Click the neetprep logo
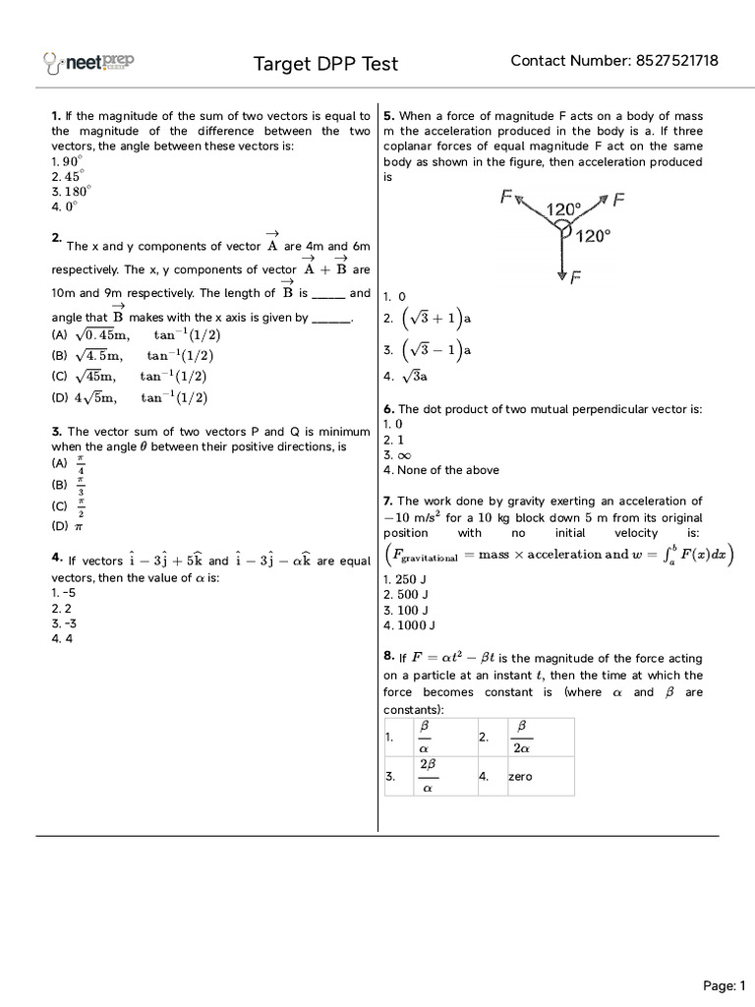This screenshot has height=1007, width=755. pos(89,63)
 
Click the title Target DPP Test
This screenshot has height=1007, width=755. pos(326,64)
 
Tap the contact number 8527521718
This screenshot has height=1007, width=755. pos(614,61)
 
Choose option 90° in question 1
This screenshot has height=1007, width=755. pos(67,161)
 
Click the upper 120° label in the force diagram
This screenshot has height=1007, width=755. pos(563,208)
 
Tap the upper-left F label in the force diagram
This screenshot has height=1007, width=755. pos(505,198)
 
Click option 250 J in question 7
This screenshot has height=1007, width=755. pos(404,579)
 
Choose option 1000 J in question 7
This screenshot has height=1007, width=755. pos(409,624)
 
